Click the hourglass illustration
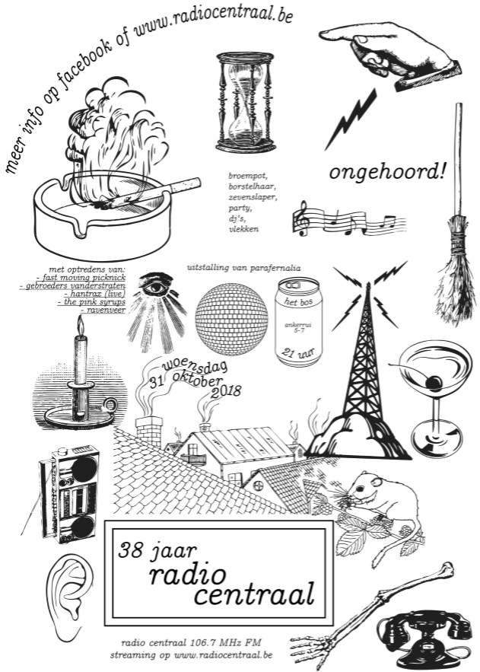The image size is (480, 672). (245, 102)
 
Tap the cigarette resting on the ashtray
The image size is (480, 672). (150, 194)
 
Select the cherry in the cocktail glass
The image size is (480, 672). (434, 381)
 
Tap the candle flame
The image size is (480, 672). (80, 325)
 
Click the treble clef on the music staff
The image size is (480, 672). (302, 218)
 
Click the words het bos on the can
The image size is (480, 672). (299, 303)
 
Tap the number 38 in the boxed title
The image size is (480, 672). (131, 550)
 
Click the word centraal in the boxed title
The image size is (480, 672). (254, 594)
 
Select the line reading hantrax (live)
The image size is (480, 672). (94, 294)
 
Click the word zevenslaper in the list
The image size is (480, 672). (253, 198)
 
